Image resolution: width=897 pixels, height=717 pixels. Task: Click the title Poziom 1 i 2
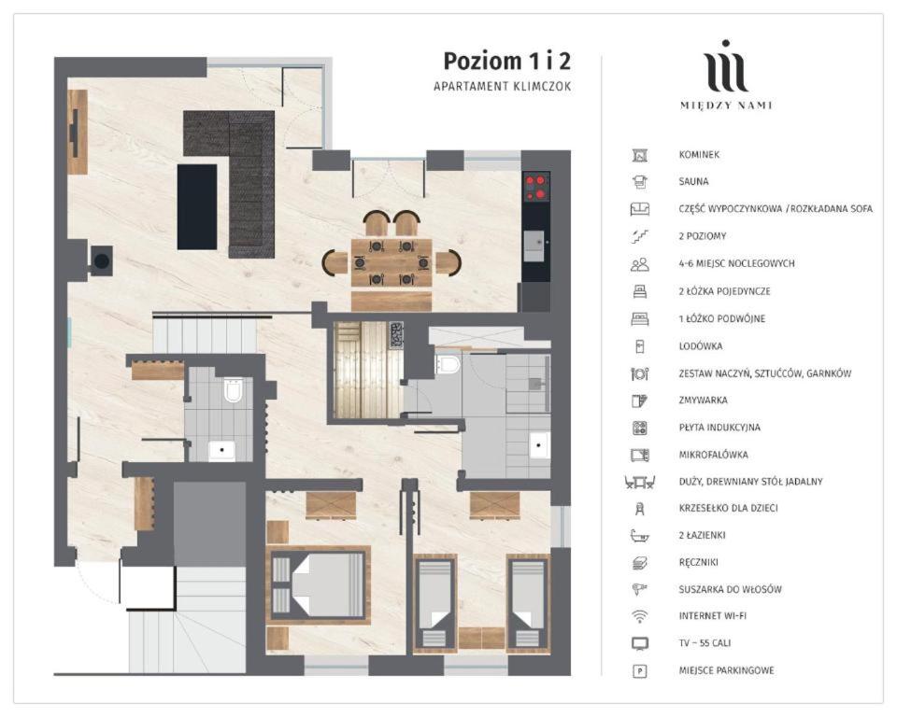(506, 62)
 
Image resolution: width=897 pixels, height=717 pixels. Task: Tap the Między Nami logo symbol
(726, 66)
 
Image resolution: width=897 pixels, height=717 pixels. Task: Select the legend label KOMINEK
(699, 154)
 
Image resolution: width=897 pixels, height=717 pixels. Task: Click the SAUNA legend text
(693, 181)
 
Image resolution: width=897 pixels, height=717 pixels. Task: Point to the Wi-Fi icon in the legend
(639, 616)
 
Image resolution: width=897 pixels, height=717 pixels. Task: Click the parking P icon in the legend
(639, 670)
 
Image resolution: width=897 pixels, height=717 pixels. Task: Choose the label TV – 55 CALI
(705, 643)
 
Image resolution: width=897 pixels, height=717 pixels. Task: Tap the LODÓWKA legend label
(700, 346)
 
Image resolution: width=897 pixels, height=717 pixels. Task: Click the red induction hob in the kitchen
(536, 187)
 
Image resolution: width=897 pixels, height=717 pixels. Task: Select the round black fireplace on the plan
(102, 261)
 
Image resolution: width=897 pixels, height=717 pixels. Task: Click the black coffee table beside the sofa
(197, 207)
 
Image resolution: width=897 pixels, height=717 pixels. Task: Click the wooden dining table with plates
(392, 262)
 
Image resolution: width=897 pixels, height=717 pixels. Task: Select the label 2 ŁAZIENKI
(702, 535)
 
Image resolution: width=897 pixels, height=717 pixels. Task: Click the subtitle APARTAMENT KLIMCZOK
(503, 86)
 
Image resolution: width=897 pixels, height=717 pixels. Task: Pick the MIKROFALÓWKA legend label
(713, 455)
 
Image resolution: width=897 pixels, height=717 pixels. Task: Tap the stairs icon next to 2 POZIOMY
(639, 236)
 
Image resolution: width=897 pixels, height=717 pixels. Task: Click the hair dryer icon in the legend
(639, 589)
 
